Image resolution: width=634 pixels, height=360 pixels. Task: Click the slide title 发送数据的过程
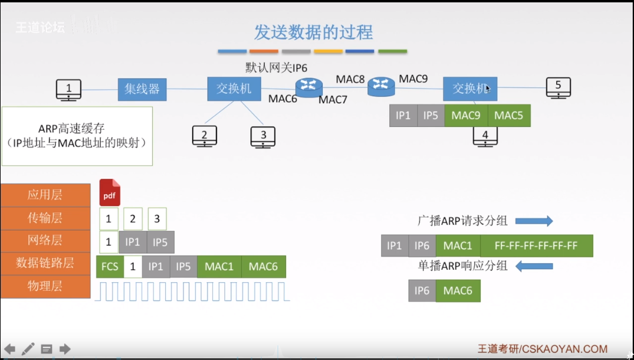tap(313, 32)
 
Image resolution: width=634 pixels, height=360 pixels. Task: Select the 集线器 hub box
tap(142, 89)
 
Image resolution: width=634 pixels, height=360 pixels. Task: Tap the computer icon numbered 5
tap(558, 88)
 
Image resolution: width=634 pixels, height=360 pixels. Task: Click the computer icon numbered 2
tap(204, 136)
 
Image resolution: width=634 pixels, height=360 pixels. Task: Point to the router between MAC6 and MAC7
tap(308, 88)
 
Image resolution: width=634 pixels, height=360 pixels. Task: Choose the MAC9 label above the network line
tap(413, 78)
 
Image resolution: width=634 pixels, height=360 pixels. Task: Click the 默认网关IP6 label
tap(276, 68)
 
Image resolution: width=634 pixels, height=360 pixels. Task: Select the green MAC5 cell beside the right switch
tap(508, 116)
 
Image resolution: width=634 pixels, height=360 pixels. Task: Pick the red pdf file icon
tap(110, 193)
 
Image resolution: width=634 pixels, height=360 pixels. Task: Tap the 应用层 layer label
tap(45, 195)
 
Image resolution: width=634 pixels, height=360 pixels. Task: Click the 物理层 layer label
tap(45, 286)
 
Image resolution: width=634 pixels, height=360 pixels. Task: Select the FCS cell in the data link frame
tap(110, 267)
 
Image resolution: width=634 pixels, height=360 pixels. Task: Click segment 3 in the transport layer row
tap(157, 219)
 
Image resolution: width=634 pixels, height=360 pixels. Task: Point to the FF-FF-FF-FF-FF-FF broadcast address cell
tap(536, 246)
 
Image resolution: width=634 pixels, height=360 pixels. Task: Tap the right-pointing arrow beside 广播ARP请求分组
tap(534, 221)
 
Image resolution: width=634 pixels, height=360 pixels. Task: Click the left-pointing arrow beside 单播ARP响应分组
tap(534, 266)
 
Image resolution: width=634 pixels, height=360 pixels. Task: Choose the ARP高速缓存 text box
tap(77, 136)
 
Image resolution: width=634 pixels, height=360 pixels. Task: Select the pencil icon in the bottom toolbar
tap(28, 349)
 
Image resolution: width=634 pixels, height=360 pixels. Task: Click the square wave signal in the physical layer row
tap(192, 292)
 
